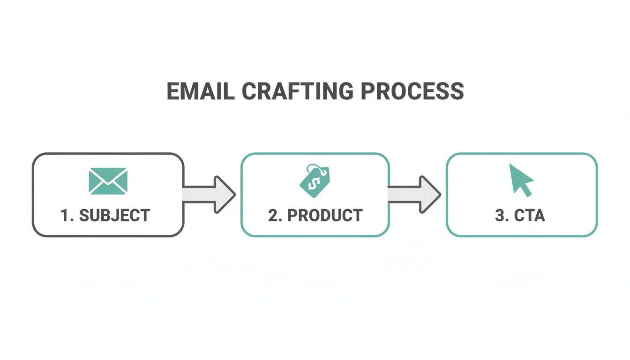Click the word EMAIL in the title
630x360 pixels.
click(x=201, y=91)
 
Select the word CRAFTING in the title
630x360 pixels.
click(x=297, y=91)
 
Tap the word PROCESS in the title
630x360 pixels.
click(x=413, y=91)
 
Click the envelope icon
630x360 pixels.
click(x=108, y=181)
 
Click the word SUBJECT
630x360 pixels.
click(x=114, y=216)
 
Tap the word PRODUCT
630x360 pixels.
click(x=324, y=216)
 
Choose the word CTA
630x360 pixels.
click(x=529, y=216)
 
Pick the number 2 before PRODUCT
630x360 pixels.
click(x=273, y=216)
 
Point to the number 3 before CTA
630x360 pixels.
click(x=499, y=216)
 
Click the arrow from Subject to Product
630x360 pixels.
click(x=209, y=194)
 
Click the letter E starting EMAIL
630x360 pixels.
click(x=172, y=91)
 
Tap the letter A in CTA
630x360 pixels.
click(x=539, y=216)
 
